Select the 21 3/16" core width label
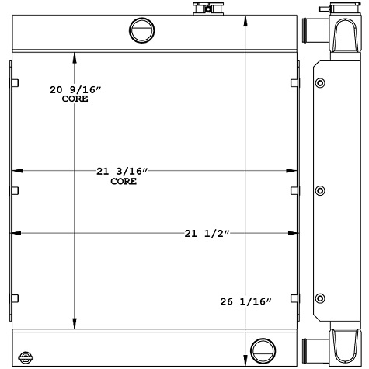tap(123, 171)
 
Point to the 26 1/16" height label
tap(246, 301)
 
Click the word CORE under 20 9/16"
tap(75, 100)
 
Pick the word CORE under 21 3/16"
tap(124, 181)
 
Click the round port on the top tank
tap(143, 30)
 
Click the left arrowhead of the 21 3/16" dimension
tap(18, 170)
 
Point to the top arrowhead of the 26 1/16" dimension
tap(246, 19)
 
